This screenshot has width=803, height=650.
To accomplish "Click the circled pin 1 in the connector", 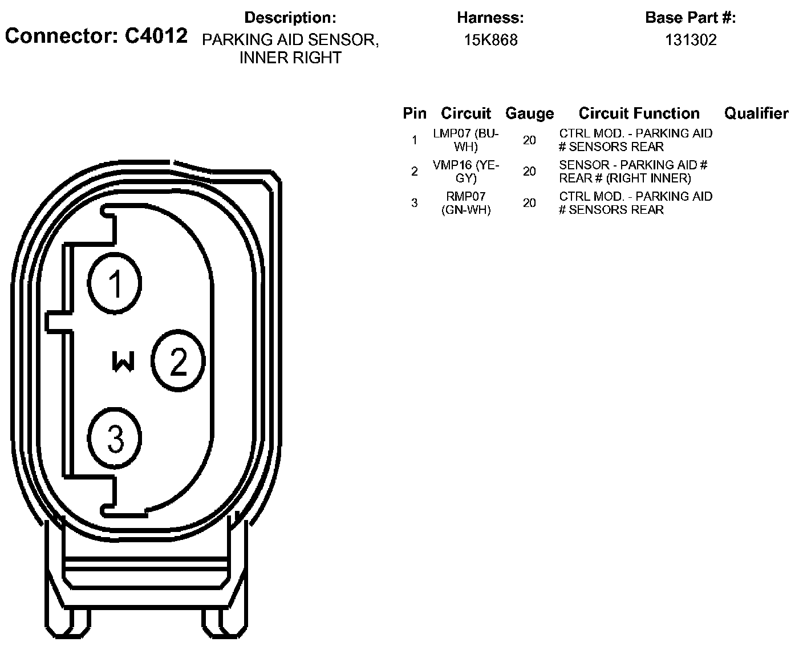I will point(115,282).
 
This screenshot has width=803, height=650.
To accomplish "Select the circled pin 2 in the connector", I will point(178,360).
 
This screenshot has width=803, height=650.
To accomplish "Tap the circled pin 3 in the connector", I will point(115,438).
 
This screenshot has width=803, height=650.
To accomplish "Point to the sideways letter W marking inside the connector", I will point(123,361).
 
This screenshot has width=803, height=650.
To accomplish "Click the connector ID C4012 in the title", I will point(156,36).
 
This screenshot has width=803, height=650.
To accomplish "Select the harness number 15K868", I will point(490,40).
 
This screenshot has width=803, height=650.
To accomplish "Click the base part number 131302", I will point(691,40).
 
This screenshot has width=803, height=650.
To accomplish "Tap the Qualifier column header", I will point(756,113).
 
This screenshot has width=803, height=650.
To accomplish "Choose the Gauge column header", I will point(529,113).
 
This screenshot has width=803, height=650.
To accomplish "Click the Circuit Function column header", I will point(639,113).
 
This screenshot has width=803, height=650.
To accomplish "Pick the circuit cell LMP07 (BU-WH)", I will point(466,140).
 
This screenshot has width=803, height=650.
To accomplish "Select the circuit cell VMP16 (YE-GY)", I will point(466,171).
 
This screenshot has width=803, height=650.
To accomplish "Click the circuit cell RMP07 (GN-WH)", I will point(466,203).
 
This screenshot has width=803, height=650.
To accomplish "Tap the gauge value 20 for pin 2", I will point(529,171).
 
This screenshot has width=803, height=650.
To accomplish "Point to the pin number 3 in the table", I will point(415,203).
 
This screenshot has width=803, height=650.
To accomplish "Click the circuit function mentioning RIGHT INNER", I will point(633,171).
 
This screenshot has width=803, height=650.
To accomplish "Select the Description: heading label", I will point(290,18).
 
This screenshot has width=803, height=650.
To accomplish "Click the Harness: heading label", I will point(490,18).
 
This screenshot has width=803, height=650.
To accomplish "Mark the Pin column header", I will point(415,113).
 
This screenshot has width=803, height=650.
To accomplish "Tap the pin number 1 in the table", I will point(415,140).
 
